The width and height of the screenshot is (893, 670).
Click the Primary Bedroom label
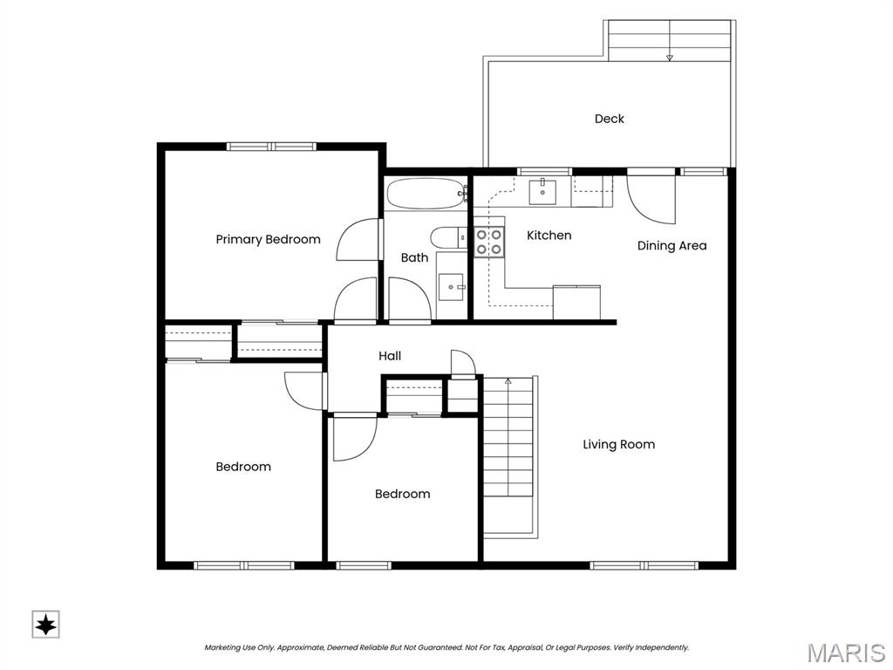point(268,240)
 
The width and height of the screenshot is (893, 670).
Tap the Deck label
point(609,119)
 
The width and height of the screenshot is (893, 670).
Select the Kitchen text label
point(549,236)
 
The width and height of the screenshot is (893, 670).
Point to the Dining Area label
point(671,245)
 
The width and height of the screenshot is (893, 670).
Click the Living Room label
point(618,444)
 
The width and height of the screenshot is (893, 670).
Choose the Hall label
point(390,356)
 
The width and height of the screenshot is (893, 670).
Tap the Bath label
point(414,257)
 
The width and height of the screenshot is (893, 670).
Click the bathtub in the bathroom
point(426,194)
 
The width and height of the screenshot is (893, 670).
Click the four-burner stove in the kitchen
point(489,243)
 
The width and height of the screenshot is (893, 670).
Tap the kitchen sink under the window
point(542,191)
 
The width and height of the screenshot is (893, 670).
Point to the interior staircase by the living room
point(508,455)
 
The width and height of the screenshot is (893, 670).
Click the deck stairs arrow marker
point(670,58)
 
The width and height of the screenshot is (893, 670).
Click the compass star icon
point(45,625)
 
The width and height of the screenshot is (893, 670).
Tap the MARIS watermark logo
point(845,653)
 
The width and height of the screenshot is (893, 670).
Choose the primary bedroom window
point(271,147)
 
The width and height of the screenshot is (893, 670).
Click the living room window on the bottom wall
point(644,565)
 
